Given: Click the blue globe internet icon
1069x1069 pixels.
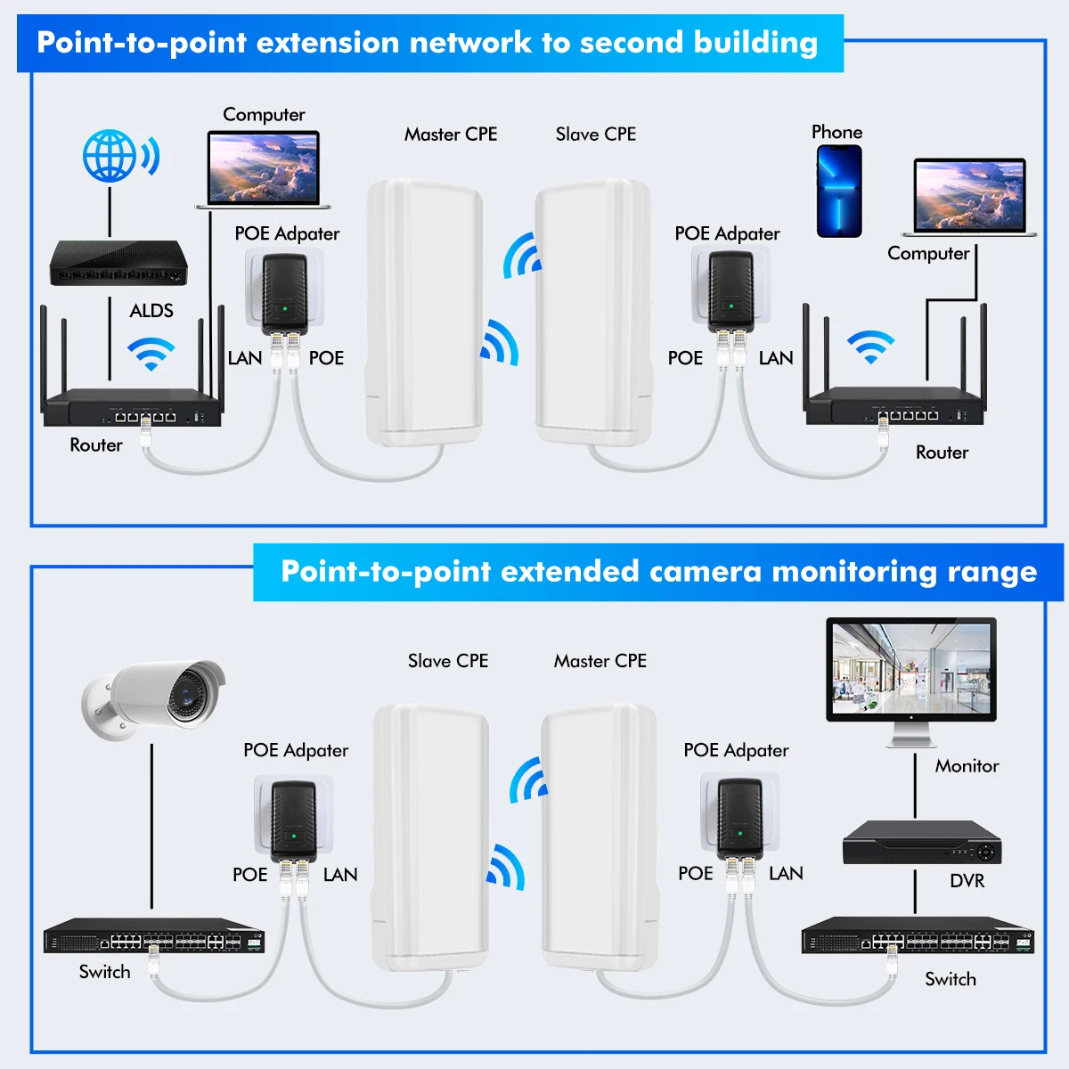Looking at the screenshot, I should tap(110, 157).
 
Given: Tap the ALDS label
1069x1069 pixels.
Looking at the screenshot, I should tap(151, 311).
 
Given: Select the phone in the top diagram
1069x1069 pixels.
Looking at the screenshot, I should tap(839, 192).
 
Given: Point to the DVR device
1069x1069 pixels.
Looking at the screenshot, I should tap(922, 842).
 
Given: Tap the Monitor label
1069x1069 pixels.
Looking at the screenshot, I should tap(967, 766).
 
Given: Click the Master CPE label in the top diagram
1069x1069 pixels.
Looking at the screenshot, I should tap(451, 135).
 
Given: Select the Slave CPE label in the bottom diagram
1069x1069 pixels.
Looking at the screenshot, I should tap(448, 661).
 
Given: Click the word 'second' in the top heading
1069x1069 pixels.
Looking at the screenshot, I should tap(632, 43).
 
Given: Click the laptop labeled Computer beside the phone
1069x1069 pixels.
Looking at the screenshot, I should tap(970, 197).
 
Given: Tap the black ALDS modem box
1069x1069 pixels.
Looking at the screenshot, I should tap(118, 263).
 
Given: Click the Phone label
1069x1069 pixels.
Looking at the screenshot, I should tap(836, 132).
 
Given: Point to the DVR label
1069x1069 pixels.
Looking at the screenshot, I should tap(967, 881).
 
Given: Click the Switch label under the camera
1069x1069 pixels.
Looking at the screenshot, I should tap(104, 972).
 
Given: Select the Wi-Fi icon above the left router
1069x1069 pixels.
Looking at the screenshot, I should tap(151, 354).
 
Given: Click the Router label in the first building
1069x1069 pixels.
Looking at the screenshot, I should tap(96, 445).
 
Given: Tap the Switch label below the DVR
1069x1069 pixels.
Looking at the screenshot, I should tap(951, 979).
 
